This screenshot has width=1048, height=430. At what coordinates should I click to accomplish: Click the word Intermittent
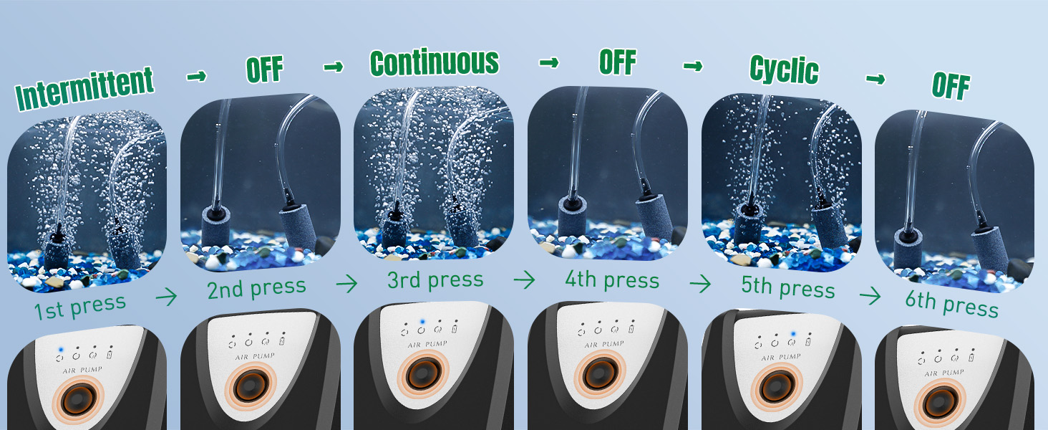point(84,88)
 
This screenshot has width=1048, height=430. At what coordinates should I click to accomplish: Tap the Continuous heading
point(435,62)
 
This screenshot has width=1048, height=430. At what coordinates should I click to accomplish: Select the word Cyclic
point(784,70)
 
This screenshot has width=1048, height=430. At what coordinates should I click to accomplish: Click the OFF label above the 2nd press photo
point(265,69)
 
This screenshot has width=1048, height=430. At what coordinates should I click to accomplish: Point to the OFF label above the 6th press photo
point(951,85)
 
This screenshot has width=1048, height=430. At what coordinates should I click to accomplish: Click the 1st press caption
point(80,307)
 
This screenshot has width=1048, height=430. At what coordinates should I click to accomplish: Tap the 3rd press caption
point(435,280)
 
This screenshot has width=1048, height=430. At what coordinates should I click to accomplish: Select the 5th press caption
point(788,287)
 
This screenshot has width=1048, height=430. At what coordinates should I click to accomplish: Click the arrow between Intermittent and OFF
point(196,76)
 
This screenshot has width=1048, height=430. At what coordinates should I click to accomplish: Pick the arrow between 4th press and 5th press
point(700,283)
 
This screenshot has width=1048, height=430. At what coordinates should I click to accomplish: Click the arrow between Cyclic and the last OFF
point(875,79)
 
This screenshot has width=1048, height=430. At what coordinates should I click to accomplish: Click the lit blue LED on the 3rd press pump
point(422,322)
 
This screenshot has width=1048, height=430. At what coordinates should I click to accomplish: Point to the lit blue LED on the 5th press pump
point(793,333)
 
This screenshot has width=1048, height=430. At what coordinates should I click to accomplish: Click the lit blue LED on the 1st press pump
point(61,350)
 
